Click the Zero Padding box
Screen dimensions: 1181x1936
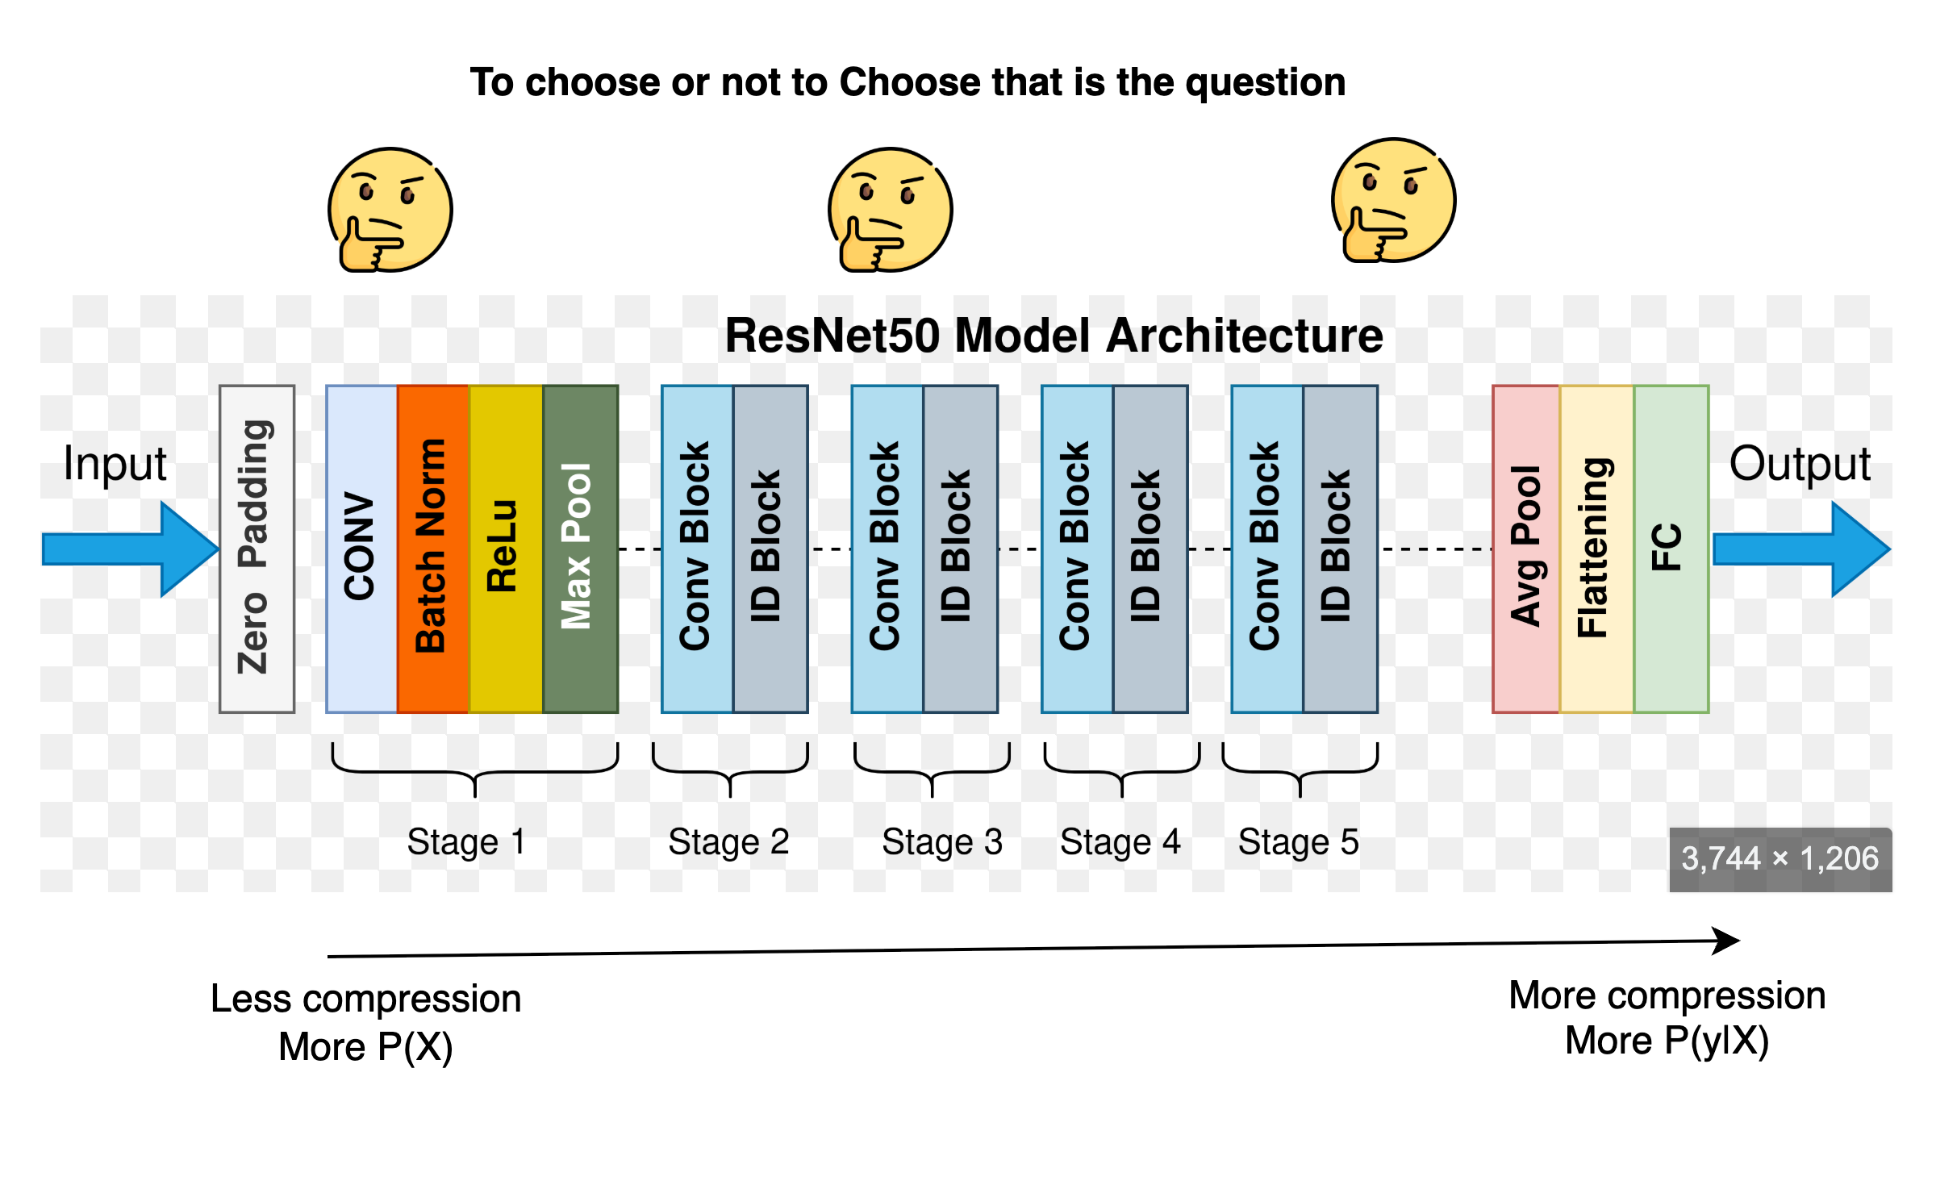257,549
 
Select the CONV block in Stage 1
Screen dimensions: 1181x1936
361,549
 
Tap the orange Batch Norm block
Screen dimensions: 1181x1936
432,549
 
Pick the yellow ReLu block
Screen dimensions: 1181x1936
505,549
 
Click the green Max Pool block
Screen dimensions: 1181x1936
580,549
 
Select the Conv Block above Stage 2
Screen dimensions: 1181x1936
697,549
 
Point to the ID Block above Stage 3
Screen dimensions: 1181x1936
960,549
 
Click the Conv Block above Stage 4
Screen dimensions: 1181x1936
1077,549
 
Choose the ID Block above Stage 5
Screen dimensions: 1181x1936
1340,549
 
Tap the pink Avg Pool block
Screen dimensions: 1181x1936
1525,549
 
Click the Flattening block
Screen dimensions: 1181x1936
1596,549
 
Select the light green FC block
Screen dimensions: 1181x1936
1671,549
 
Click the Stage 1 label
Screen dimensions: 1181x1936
466,842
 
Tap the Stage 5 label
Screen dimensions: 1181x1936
1298,842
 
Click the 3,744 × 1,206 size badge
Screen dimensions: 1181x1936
1780,859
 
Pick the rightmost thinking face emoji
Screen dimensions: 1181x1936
1393,201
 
